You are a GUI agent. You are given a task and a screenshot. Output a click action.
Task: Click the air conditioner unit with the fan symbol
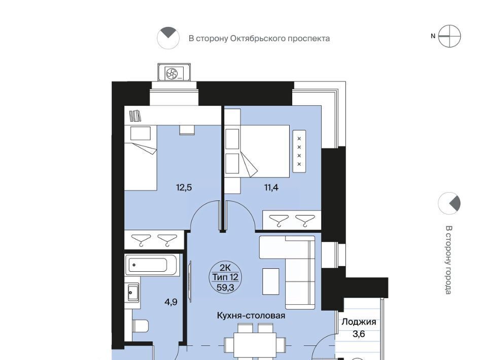click(174, 73)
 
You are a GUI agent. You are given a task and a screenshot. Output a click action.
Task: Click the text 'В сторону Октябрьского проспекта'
click(259, 39)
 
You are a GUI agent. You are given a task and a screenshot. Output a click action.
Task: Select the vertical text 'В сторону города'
click(448, 260)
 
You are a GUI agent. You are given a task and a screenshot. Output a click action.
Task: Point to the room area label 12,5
click(184, 188)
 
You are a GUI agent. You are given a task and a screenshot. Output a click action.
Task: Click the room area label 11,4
click(271, 188)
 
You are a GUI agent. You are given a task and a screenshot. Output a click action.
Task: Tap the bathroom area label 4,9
click(171, 302)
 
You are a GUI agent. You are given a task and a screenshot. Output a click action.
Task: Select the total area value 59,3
click(225, 287)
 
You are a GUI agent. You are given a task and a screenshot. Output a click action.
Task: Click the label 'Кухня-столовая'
click(251, 315)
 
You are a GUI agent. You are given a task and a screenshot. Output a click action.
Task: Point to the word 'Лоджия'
click(359, 322)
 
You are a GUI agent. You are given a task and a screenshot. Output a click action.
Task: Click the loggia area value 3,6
click(359, 334)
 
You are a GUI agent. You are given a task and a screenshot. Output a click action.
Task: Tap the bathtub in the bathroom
click(152, 265)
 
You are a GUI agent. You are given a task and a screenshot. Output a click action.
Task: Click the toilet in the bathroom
click(141, 326)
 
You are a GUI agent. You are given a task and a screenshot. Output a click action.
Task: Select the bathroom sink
click(132, 293)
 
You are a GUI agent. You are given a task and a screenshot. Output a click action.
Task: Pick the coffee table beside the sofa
click(271, 281)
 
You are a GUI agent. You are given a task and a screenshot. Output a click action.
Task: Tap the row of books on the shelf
click(135, 116)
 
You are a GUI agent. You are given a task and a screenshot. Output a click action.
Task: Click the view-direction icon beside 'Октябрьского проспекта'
click(168, 38)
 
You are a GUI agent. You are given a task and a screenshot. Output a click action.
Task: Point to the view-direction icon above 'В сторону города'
click(449, 203)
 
